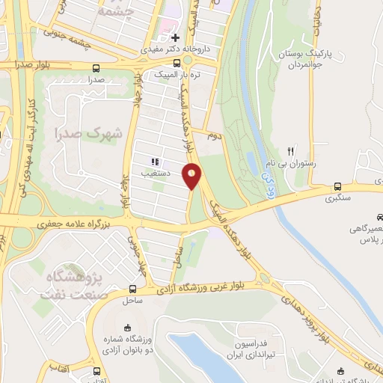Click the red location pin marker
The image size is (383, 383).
(x=193, y=176)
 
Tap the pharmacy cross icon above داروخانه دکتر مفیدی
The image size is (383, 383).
(x=175, y=37)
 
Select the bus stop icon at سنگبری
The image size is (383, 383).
(x=338, y=187)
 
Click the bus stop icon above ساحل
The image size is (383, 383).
(x=132, y=289)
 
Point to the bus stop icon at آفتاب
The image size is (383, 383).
(x=96, y=371)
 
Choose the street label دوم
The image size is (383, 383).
(x=212, y=136)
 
